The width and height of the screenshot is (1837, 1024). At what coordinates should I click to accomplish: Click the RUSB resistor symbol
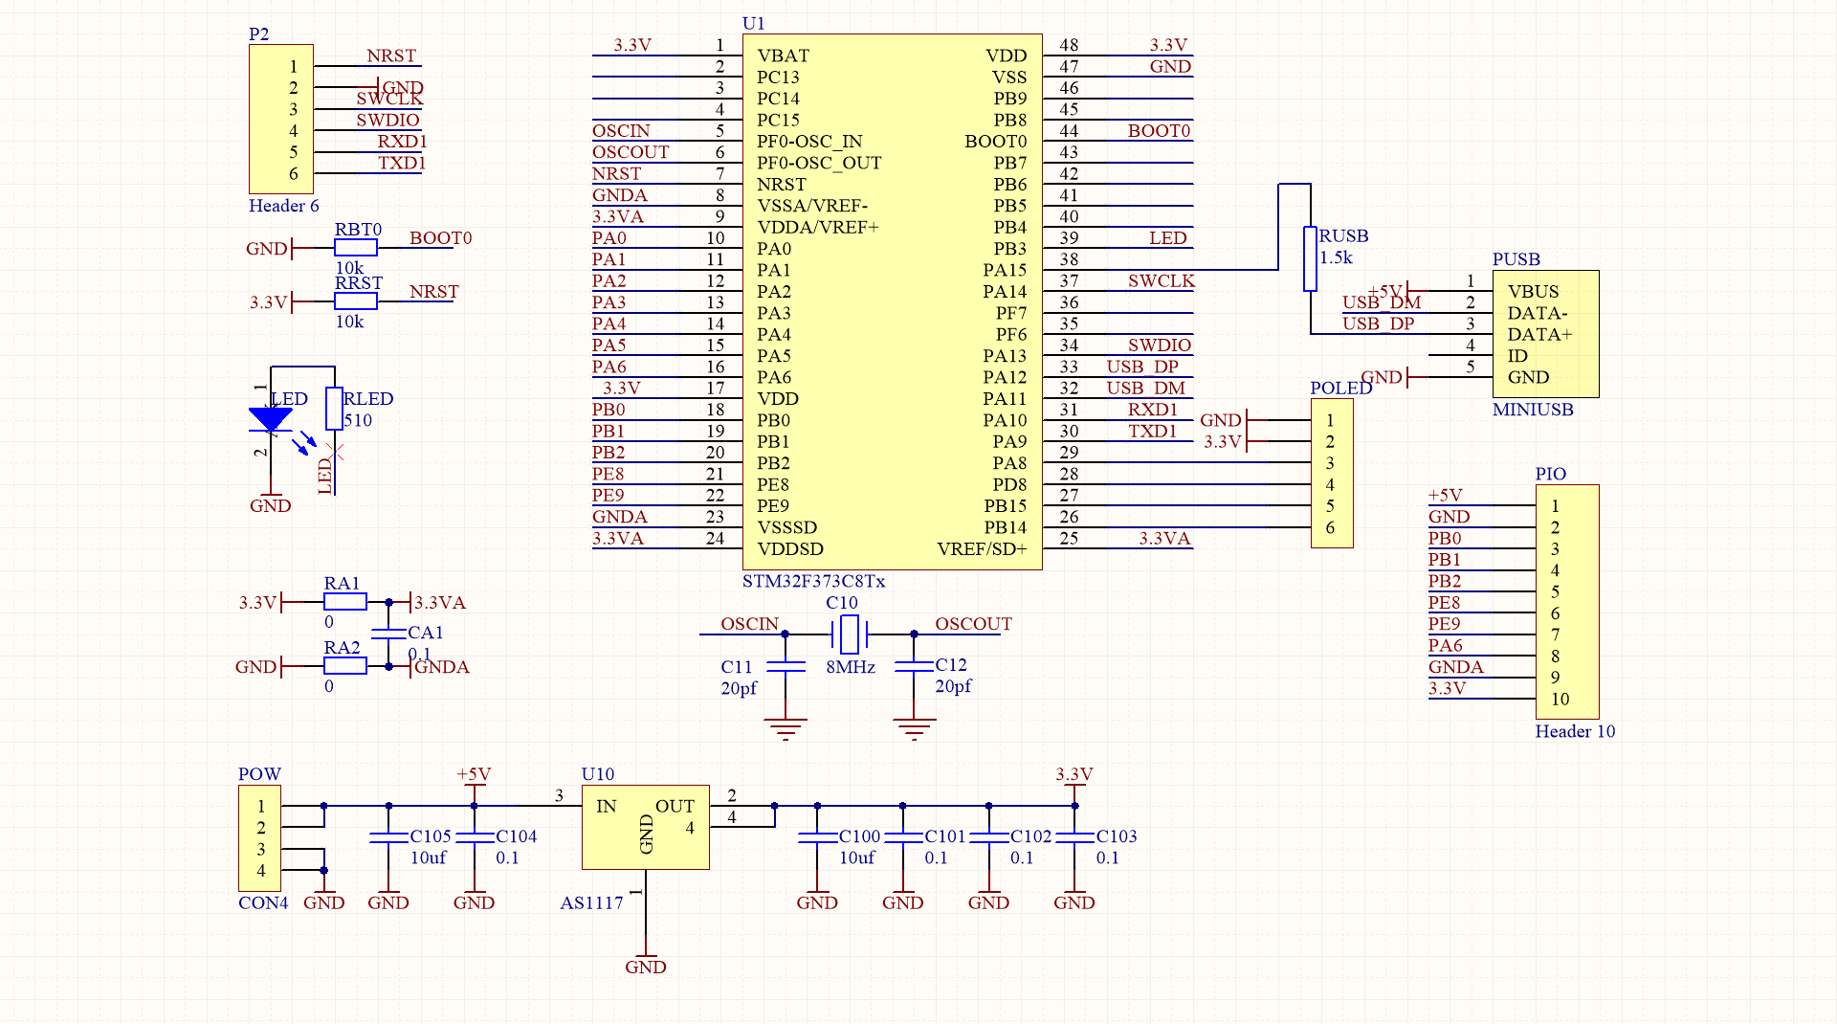click(1310, 258)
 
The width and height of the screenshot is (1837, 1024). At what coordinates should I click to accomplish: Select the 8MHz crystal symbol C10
click(849, 634)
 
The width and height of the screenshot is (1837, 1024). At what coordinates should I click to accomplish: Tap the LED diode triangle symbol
click(271, 419)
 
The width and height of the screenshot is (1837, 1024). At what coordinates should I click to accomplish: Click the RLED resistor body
click(334, 408)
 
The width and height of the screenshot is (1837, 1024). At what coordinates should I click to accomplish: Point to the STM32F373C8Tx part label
click(813, 581)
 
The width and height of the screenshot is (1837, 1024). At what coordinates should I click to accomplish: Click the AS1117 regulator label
click(591, 902)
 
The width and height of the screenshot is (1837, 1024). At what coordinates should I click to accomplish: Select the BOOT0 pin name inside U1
click(995, 142)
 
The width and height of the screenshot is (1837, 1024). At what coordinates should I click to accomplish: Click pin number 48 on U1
click(1069, 45)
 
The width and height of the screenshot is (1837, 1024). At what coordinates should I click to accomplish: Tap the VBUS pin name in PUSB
click(1533, 291)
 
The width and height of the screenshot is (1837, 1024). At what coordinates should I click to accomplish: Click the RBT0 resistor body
click(356, 248)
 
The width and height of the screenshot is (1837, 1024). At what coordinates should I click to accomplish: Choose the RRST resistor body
click(356, 301)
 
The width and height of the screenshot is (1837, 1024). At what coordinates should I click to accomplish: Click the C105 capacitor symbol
click(388, 836)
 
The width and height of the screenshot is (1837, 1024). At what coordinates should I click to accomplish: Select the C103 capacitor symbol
click(1074, 836)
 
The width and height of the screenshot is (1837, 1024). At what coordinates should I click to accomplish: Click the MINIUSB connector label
click(1533, 410)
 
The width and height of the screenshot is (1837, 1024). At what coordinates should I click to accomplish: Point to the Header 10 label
click(1575, 731)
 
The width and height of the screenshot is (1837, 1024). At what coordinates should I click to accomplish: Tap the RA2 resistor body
click(344, 666)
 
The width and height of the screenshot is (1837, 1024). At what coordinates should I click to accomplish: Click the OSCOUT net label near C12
click(973, 624)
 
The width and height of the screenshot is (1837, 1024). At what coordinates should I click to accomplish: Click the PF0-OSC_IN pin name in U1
click(809, 142)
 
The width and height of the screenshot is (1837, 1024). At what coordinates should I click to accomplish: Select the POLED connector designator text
click(1340, 388)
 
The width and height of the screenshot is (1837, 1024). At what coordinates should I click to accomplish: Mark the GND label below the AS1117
click(646, 967)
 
